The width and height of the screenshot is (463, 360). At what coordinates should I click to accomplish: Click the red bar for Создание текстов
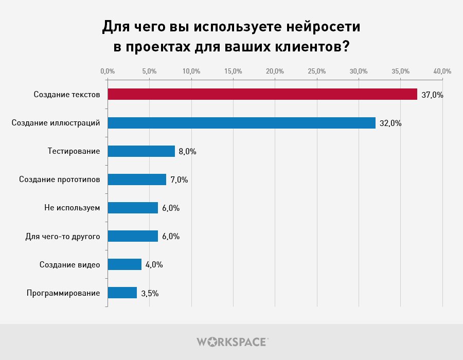(x=262, y=94)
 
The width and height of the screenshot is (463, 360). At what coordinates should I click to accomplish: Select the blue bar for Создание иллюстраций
(x=242, y=123)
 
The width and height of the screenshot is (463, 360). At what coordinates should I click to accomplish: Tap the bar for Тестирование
(x=141, y=151)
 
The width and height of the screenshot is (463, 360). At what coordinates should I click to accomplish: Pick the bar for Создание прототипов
(x=137, y=179)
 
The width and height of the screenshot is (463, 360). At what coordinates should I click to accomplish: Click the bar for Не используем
(x=133, y=208)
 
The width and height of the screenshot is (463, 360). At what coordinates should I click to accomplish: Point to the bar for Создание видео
(x=124, y=264)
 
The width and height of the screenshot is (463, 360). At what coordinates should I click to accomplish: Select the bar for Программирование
(x=122, y=293)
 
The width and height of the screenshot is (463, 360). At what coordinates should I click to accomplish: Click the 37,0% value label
(x=432, y=95)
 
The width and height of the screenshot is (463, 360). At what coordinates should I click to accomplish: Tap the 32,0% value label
(x=390, y=123)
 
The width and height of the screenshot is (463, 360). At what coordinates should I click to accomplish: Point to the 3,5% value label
(x=150, y=293)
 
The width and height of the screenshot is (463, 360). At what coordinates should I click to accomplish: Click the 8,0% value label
(x=187, y=152)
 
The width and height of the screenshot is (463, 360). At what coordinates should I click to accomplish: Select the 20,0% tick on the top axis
(x=275, y=71)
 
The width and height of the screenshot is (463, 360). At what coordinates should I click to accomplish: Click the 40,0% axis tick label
(x=442, y=71)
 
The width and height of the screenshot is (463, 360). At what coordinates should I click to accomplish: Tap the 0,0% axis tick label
(x=108, y=71)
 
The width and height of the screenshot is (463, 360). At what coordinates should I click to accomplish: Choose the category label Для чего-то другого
(x=63, y=237)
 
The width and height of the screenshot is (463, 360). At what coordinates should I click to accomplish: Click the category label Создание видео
(x=69, y=265)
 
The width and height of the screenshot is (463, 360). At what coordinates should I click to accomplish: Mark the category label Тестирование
(x=74, y=151)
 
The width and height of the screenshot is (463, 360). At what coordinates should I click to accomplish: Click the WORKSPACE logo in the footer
(x=233, y=342)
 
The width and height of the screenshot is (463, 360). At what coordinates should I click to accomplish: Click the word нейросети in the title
(x=324, y=27)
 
